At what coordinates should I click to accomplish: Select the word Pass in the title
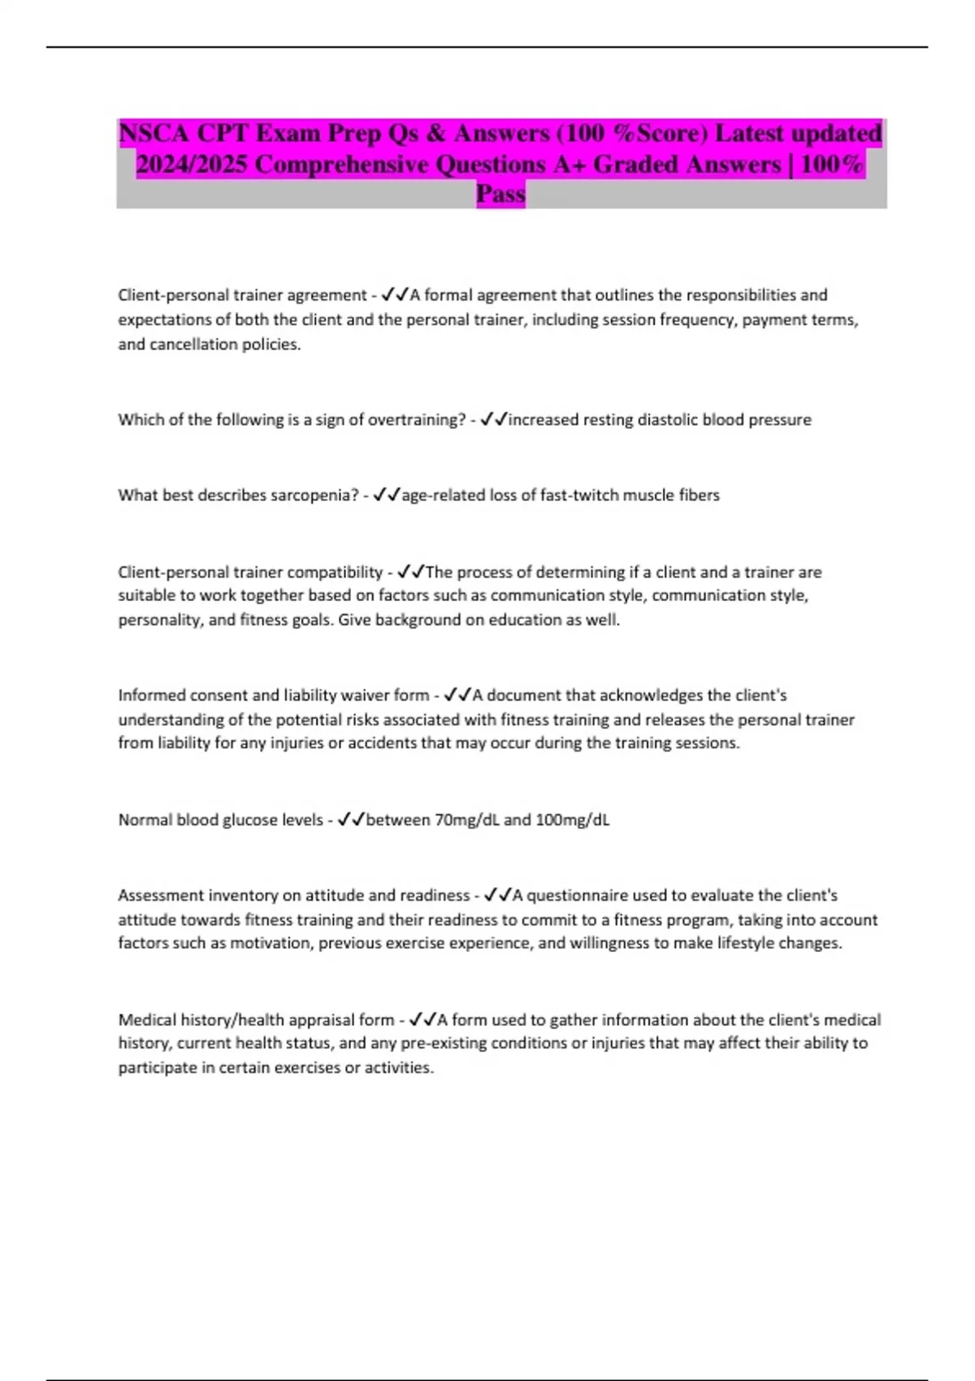(500, 194)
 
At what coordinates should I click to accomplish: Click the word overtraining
(416, 420)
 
